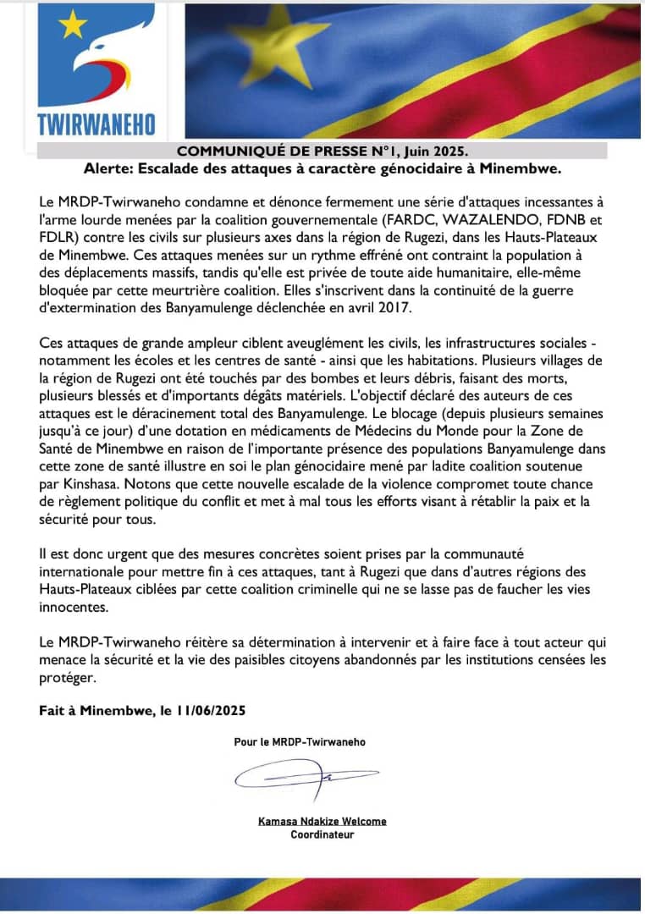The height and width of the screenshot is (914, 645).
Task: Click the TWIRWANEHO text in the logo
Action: (96, 124)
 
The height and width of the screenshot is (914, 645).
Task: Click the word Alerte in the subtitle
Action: (107, 168)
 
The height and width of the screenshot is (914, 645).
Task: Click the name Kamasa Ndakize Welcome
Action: (322, 821)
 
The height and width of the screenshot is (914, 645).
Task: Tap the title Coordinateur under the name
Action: (322, 834)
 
